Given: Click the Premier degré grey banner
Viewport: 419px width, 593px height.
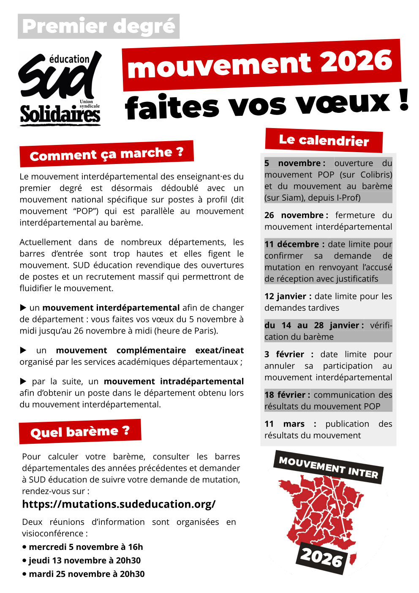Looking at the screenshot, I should click(98, 26).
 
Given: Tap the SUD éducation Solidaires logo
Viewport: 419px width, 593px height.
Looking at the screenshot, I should click(60, 89).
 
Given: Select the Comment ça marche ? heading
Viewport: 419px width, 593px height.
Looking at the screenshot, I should click(106, 154).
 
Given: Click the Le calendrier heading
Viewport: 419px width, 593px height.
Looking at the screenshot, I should click(324, 140).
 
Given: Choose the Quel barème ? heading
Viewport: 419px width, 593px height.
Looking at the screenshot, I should click(80, 432).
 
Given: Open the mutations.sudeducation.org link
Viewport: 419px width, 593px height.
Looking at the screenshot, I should click(119, 504).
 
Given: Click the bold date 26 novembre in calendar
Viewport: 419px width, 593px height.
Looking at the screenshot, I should click(294, 215).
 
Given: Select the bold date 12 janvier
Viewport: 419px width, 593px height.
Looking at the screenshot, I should click(285, 296).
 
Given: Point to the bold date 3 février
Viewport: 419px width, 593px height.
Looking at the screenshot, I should click(284, 354).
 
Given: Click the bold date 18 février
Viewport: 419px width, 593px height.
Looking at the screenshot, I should click(285, 395).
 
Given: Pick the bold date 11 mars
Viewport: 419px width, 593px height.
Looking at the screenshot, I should click(285, 424).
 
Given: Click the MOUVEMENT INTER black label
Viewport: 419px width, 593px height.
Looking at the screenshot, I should click(328, 467).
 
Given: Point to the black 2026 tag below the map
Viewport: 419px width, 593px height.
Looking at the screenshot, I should click(321, 558).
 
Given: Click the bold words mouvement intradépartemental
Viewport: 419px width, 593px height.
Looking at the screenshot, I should click(174, 381).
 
